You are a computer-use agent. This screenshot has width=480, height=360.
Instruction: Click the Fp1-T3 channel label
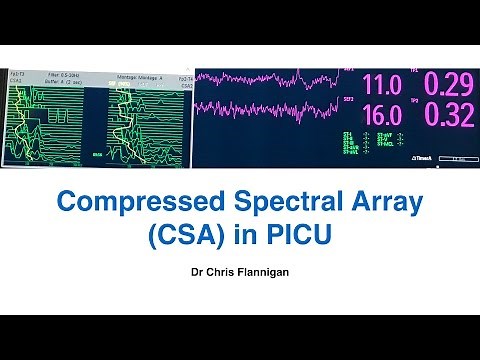[17, 73]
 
